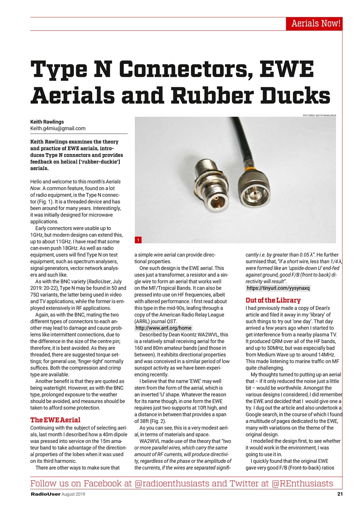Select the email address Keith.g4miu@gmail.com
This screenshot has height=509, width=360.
coord(58,128)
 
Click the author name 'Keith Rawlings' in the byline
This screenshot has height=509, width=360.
coord(47,122)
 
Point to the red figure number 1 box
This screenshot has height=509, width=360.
coord(138,240)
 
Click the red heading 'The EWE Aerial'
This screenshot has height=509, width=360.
coord(55,420)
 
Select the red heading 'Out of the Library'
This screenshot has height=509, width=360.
coord(273,300)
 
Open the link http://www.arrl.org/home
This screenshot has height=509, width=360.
coord(163,328)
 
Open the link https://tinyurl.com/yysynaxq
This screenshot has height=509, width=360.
coord(278,288)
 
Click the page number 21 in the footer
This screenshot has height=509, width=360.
coord(339,494)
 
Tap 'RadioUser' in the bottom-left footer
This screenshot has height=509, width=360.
coord(45,494)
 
